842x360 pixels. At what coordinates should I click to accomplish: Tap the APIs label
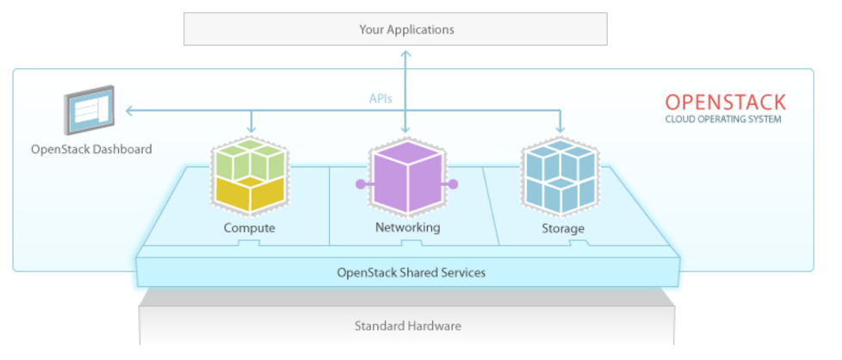381,98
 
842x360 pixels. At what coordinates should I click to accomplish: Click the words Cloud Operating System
723,120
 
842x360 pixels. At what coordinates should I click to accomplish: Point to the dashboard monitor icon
90,110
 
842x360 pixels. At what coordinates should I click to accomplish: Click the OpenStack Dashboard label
91,149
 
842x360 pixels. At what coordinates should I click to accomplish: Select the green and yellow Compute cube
249,177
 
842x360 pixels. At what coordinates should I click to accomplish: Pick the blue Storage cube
562,175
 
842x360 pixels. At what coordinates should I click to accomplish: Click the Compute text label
249,228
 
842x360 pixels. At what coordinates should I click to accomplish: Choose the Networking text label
407,228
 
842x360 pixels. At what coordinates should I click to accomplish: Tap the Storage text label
563,228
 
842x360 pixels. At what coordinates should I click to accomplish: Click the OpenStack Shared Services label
411,272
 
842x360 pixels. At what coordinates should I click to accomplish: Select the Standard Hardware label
408,326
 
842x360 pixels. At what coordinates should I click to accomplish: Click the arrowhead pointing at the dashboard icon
128,110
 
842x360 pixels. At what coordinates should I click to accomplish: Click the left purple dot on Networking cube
359,183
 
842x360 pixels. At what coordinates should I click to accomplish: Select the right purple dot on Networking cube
454,183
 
